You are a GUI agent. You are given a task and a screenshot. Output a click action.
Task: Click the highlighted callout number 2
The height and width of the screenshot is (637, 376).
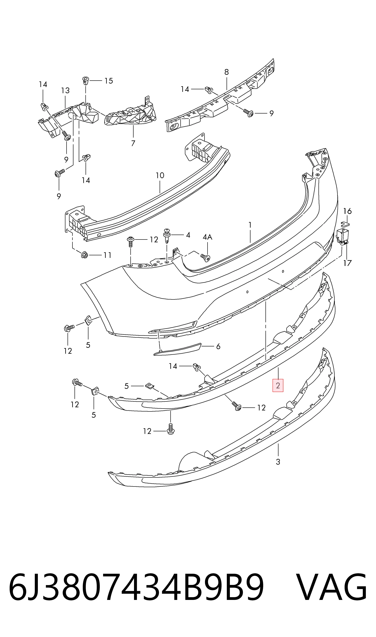pyautogui.click(x=278, y=386)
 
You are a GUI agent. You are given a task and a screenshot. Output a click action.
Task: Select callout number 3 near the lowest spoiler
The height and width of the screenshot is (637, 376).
pyautogui.click(x=278, y=462)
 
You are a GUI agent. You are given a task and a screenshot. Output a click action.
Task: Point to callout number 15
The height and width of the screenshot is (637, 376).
pyautogui.click(x=109, y=81)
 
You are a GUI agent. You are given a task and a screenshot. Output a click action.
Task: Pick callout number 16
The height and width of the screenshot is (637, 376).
pyautogui.click(x=347, y=211)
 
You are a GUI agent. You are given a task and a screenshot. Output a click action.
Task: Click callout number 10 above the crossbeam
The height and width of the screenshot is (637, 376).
pyautogui.click(x=160, y=175)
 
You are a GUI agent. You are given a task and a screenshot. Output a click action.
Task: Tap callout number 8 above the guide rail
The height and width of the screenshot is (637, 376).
pyautogui.click(x=227, y=72)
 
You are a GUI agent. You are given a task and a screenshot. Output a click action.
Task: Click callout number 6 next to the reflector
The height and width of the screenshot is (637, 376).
pyautogui.click(x=218, y=346)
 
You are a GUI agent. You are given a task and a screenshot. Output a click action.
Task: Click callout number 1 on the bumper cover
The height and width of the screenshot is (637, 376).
pyautogui.click(x=250, y=225)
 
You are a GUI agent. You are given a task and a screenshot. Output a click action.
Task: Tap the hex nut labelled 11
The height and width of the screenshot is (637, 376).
pyautogui.click(x=85, y=255)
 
